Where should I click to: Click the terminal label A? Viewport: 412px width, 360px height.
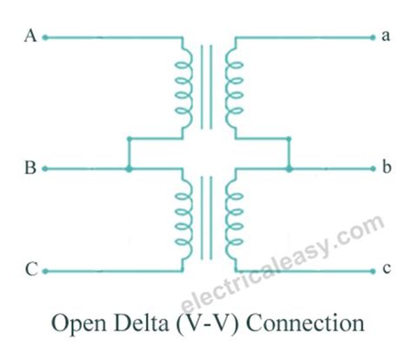30,37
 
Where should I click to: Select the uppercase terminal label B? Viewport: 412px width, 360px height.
30,169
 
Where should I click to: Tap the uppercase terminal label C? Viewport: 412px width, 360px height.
30,270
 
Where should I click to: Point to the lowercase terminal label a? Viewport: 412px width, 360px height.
385,37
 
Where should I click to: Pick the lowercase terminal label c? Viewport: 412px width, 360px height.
385,270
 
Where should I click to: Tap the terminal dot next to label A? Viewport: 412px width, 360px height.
45,37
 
